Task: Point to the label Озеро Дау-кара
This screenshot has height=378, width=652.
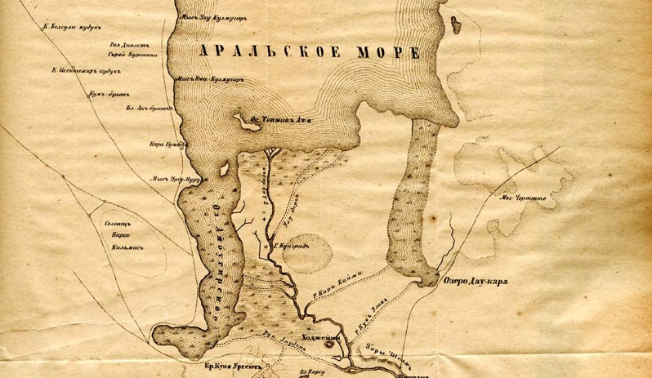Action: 477,282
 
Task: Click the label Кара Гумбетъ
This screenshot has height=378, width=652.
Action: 167,145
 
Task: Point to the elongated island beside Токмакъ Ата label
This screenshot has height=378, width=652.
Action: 243,124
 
